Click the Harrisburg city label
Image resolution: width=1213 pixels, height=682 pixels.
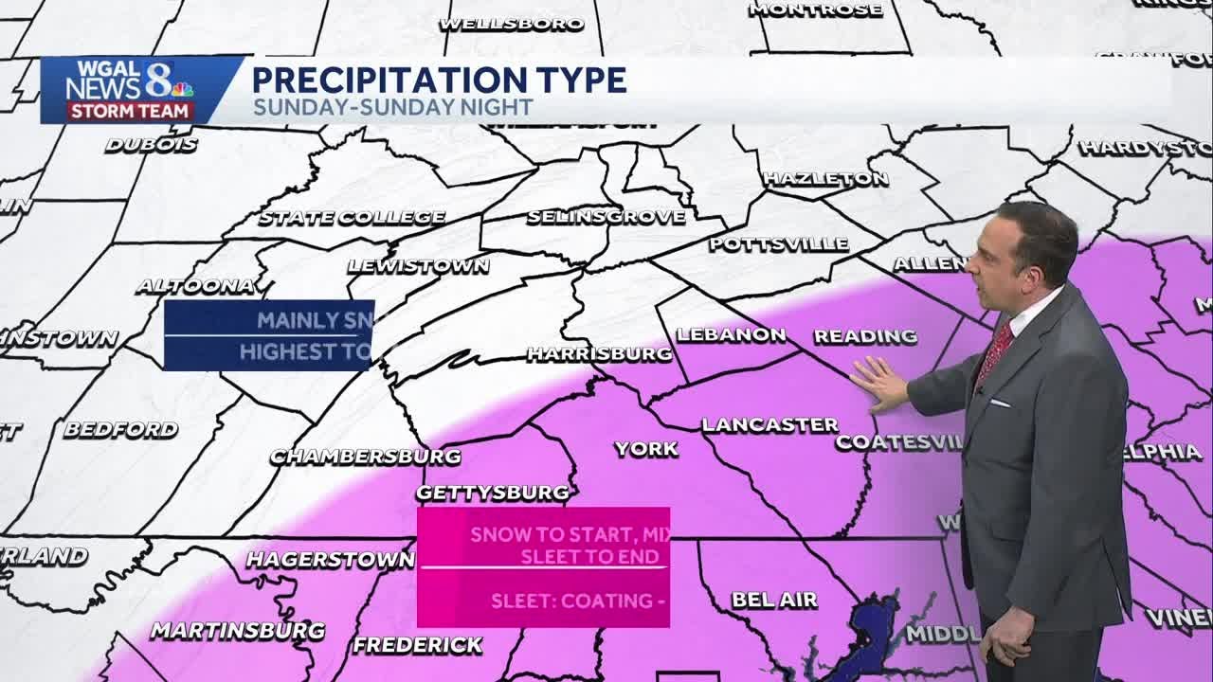click(599, 354)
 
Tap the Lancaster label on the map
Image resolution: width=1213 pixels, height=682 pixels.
click(769, 425)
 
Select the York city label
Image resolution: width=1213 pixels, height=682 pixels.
click(646, 449)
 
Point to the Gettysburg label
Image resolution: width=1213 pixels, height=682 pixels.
click(494, 493)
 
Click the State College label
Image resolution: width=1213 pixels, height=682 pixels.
click(352, 218)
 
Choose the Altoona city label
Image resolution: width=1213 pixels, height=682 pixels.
click(196, 286)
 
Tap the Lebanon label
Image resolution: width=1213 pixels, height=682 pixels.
click(731, 335)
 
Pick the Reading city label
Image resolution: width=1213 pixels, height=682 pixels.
click(865, 336)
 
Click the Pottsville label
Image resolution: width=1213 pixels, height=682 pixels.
click(779, 244)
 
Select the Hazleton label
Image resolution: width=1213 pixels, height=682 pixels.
click(825, 179)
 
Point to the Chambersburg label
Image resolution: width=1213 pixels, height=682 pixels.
click(366, 457)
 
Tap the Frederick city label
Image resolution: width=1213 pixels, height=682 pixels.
click(417, 646)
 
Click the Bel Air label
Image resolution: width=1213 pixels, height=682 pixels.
click(774, 601)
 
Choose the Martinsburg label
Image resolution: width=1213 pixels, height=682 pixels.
click(238, 631)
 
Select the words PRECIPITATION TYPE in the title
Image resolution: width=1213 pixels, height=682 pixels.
click(439, 80)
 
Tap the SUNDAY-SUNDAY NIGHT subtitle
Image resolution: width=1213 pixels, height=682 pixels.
click(392, 108)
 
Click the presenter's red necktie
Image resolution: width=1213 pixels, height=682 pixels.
click(995, 350)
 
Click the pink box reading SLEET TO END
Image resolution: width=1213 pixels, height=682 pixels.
click(543, 566)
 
